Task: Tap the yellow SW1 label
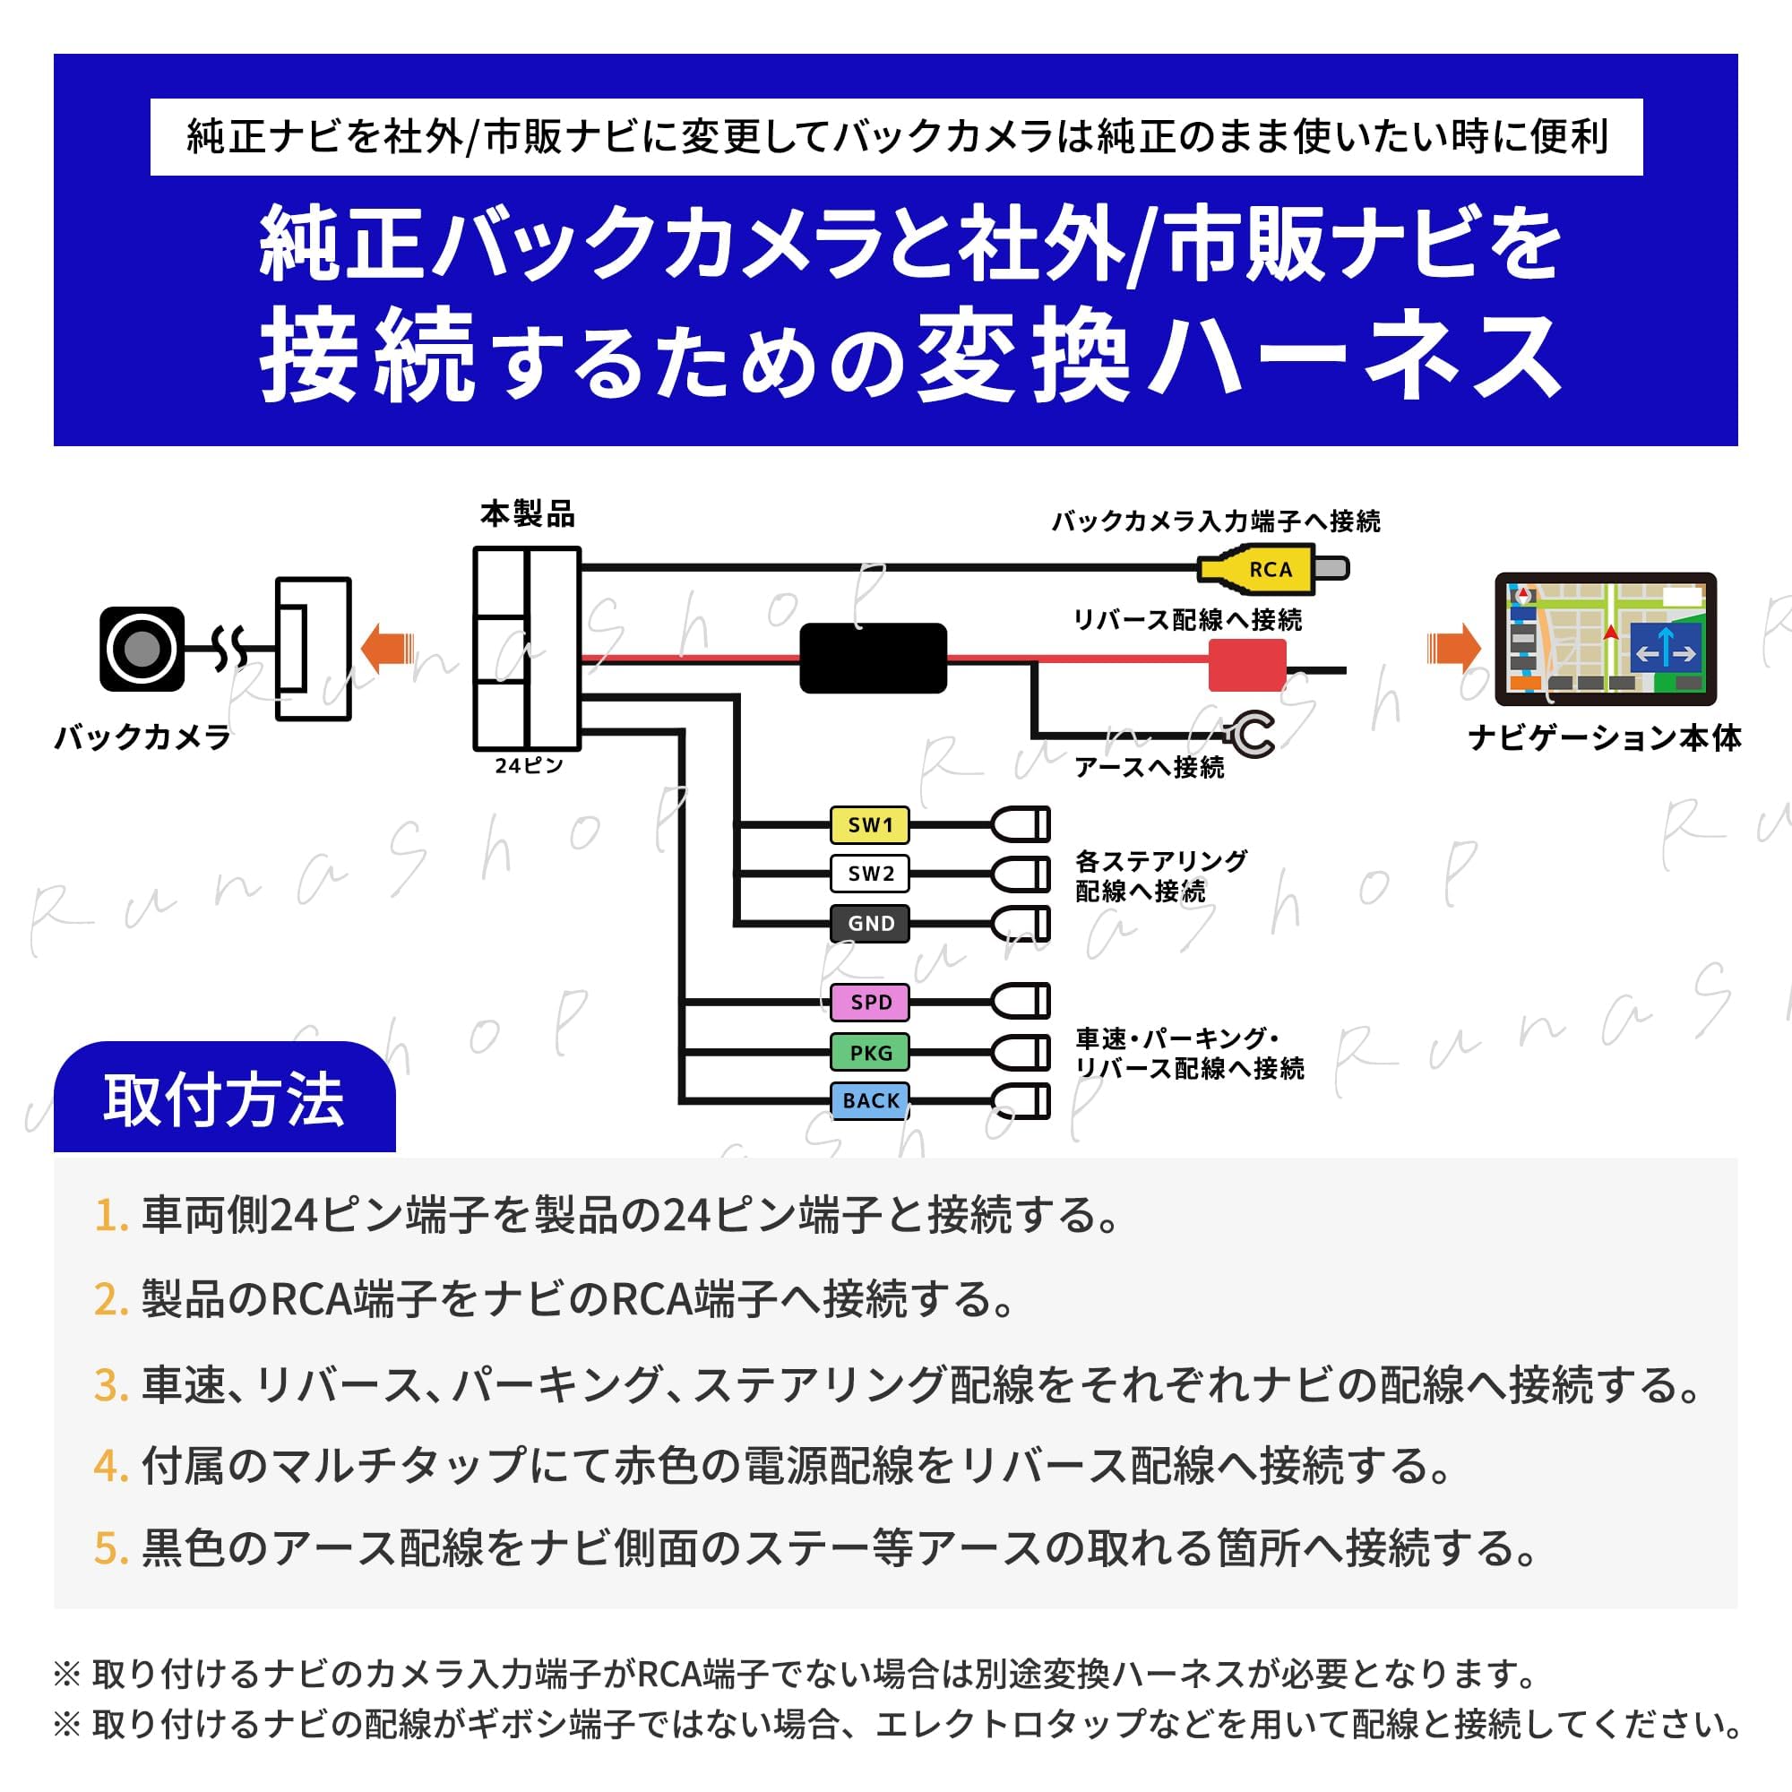pos(869,824)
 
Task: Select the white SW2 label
pos(869,874)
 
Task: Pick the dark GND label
pos(869,924)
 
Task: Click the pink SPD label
pos(869,1002)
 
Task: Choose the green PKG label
pos(869,1053)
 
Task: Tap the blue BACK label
pos(869,1101)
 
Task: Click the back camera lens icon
pos(141,650)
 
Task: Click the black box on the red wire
pos(873,658)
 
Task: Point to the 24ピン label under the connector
pos(528,765)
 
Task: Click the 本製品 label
pos(527,513)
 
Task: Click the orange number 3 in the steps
pos(110,1386)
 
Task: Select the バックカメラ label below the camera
pos(142,737)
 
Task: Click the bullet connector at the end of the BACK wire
pos(1021,1101)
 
